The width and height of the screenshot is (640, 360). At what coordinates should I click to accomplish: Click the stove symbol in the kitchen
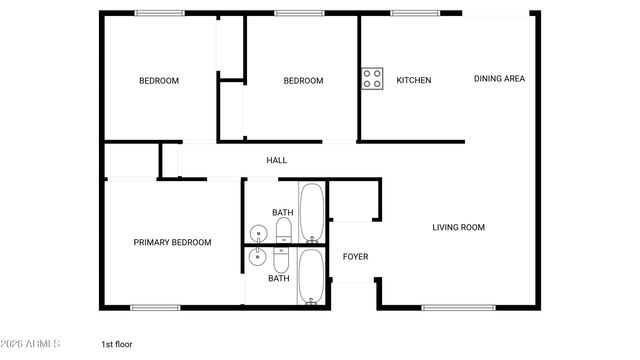point(372,79)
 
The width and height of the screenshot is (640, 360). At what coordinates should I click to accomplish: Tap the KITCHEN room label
point(414,80)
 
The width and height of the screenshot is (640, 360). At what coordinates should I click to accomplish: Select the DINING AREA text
point(499,79)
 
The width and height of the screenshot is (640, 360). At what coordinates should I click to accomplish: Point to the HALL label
point(277,160)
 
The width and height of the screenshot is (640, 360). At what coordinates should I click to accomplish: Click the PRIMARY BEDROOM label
point(173,242)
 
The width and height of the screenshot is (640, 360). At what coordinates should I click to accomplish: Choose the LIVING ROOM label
point(458,227)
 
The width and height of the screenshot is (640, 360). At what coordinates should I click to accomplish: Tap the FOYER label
point(355,257)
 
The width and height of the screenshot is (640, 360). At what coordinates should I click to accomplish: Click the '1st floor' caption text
point(116,344)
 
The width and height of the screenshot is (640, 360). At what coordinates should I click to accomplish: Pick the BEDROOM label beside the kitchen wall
point(303,81)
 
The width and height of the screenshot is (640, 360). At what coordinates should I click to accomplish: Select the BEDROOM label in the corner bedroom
point(159,81)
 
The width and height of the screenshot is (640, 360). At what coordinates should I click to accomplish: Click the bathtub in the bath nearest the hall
point(312,212)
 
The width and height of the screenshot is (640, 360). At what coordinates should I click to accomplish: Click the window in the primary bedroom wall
point(155,307)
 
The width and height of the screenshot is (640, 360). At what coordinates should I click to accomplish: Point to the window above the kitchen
point(410,13)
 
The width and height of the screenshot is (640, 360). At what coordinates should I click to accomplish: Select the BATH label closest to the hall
point(283,212)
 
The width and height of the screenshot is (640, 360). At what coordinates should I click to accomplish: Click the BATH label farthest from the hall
point(278,278)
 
